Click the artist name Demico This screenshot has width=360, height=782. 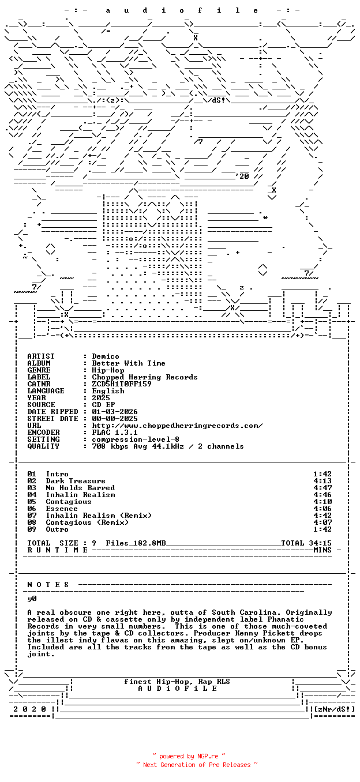[x=106, y=356]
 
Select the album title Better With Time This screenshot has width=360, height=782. [x=129, y=363]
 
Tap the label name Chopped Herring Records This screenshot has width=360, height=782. [x=145, y=377]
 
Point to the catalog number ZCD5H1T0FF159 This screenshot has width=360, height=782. [x=122, y=384]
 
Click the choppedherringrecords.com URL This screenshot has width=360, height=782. [x=177, y=426]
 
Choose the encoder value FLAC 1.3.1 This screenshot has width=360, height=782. [x=115, y=433]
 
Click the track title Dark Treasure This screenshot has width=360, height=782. [x=76, y=481]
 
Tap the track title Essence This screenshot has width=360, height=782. [x=62, y=509]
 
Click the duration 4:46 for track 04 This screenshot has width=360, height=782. [x=322, y=495]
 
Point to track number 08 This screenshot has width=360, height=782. [x=32, y=522]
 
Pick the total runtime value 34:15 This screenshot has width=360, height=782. [x=320, y=543]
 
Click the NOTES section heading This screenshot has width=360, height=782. [x=48, y=585]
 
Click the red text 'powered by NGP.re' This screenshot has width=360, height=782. [x=189, y=756]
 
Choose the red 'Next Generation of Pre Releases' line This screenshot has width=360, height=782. [x=197, y=765]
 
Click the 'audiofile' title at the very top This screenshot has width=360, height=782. [x=182, y=10]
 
